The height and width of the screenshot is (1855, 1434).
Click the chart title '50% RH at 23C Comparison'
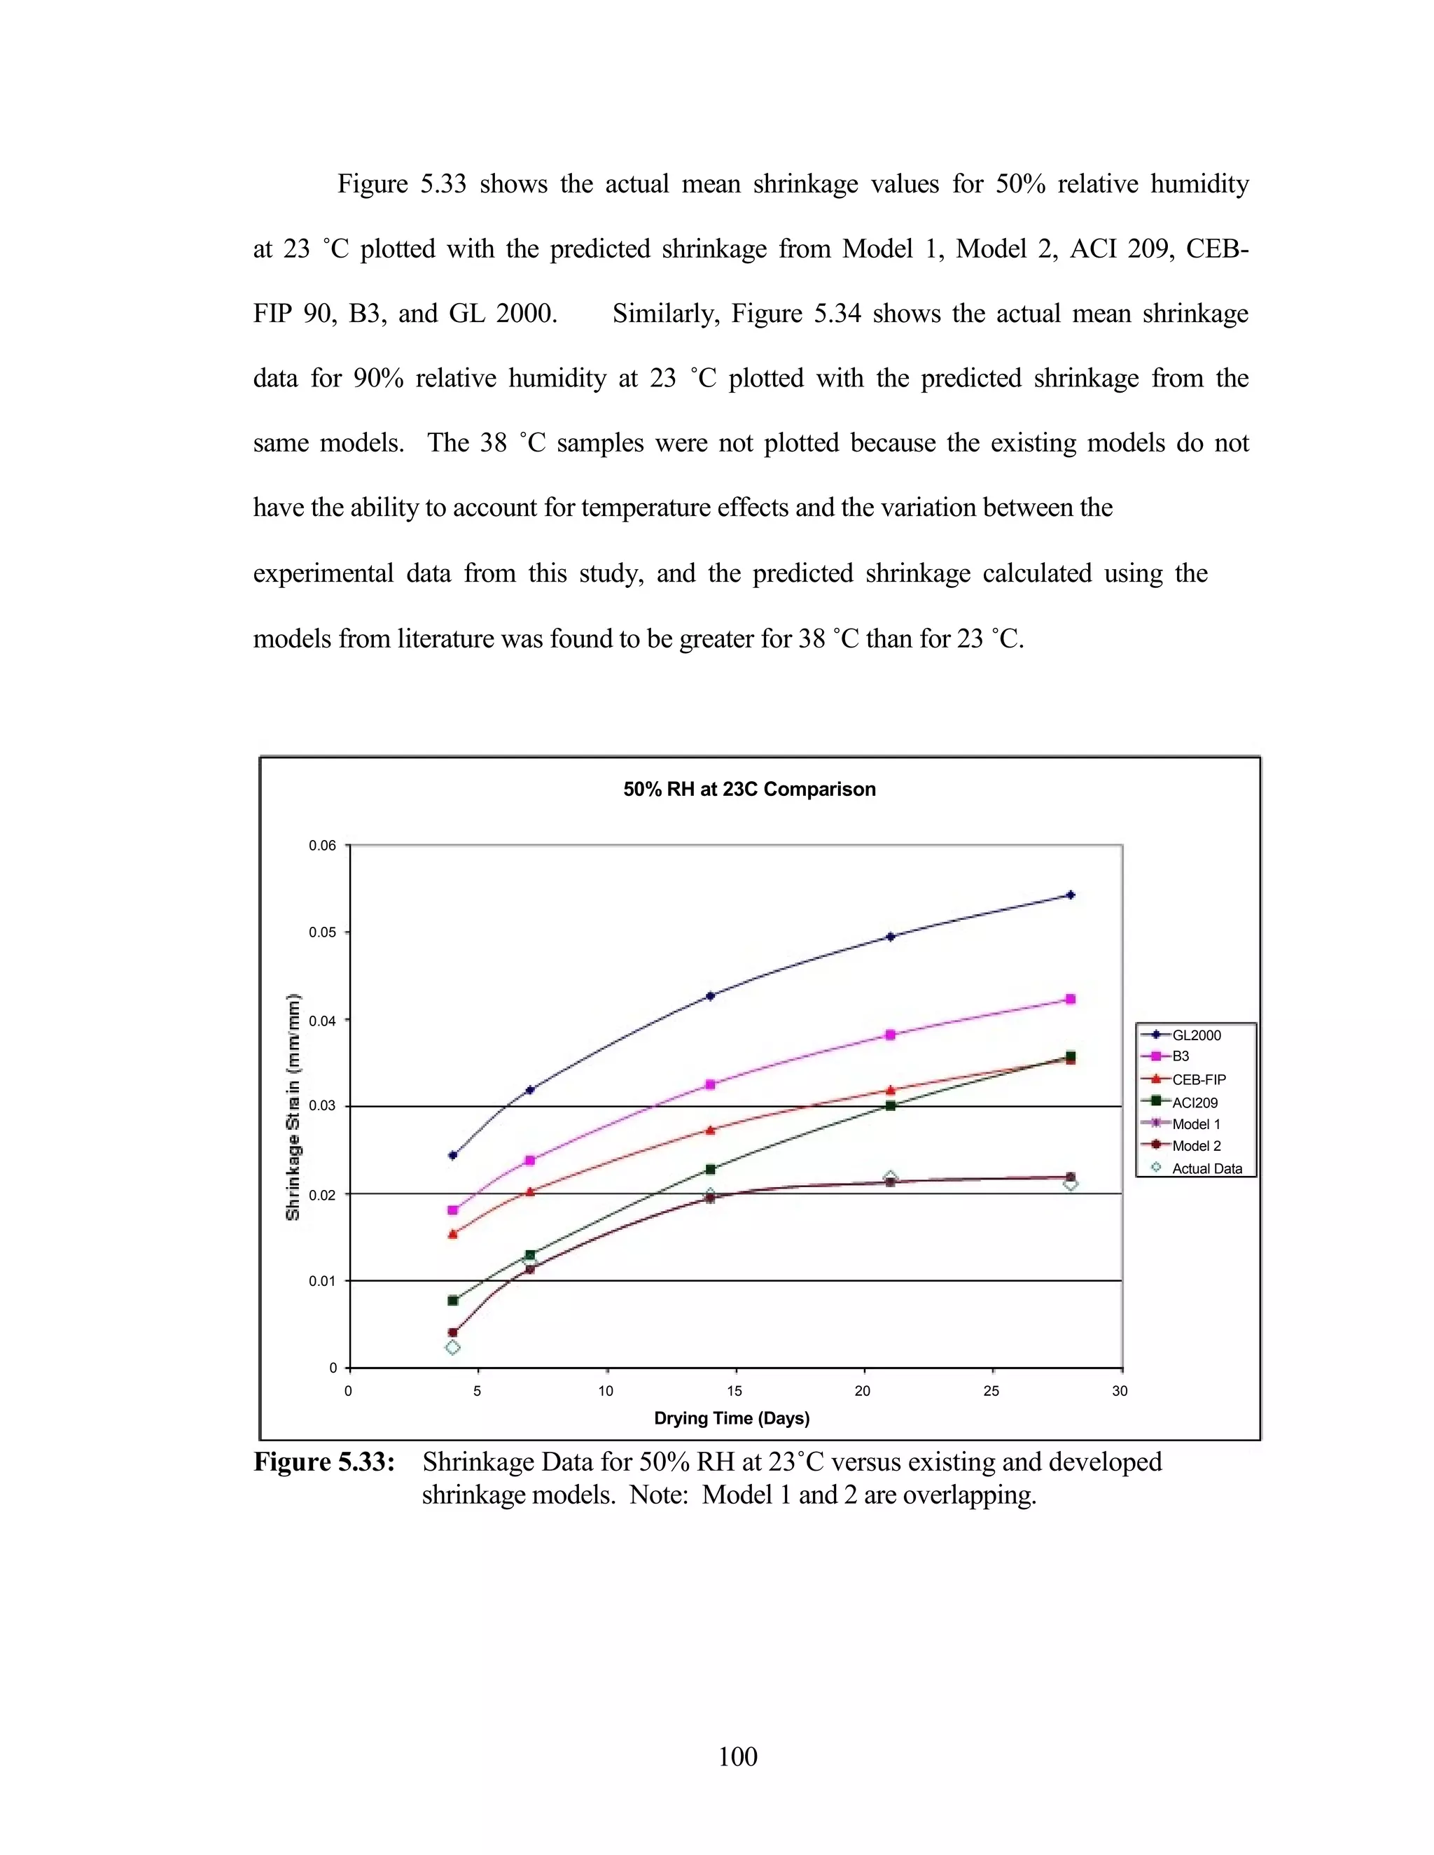pos(749,789)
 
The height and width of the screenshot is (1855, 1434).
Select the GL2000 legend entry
pos(1196,1035)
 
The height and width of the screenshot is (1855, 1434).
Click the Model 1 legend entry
pos(1196,1123)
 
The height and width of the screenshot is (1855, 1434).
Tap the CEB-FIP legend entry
pos(1199,1079)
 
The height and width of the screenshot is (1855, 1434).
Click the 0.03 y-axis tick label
pos(322,1106)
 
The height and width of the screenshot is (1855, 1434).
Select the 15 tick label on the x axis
pos(734,1392)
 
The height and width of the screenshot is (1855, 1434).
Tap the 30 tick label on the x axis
pos(1120,1392)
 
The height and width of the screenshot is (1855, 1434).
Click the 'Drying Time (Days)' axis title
pos(732,1418)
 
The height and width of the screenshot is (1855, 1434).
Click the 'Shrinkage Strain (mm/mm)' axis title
pos(293,1107)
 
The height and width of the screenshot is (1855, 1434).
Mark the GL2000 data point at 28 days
pos(1071,895)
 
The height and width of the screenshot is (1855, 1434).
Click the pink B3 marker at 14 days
pos(710,1084)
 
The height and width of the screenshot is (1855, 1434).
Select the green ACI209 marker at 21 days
pos(891,1106)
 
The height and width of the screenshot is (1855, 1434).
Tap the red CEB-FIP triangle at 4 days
pos(453,1234)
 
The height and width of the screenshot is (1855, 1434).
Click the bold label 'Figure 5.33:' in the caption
pos(324,1462)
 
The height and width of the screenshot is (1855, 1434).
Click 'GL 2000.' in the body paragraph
pos(503,314)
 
